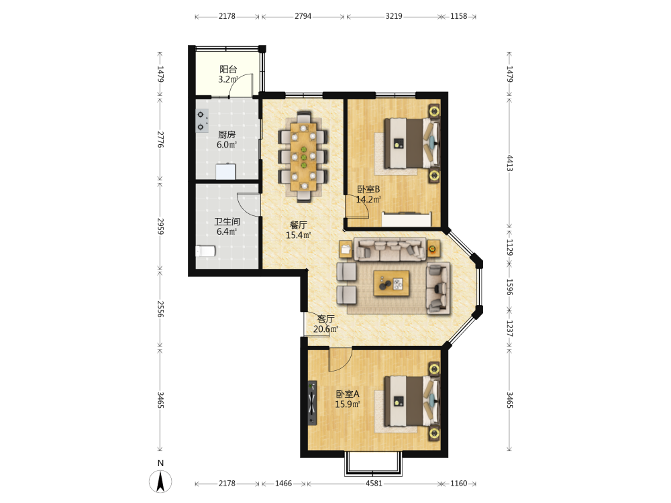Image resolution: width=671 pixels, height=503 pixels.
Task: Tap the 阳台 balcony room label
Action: coord(228,69)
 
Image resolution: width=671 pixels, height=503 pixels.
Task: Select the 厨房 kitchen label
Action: coord(227,134)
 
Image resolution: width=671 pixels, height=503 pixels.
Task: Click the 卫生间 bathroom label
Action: coord(227,221)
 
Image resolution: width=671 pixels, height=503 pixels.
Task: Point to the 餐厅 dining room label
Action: coord(299,225)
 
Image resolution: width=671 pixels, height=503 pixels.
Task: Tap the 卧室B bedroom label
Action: coord(368,189)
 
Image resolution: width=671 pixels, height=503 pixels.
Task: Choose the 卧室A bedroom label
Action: coord(348,394)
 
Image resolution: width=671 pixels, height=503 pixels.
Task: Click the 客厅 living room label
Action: coord(325,319)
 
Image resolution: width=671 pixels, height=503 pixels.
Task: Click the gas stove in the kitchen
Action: coord(202,121)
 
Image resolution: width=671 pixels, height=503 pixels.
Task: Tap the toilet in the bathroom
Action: coord(205,251)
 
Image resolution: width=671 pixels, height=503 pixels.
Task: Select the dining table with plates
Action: coord(303,157)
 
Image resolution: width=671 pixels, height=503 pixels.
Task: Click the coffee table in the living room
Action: coord(391,283)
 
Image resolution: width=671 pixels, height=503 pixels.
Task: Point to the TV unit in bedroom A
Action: coord(313,403)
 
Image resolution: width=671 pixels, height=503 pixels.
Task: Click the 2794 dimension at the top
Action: coord(303,16)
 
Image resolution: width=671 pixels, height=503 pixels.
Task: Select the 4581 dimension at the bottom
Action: coord(374,484)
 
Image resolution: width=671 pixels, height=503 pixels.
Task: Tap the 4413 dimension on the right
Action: coord(510,163)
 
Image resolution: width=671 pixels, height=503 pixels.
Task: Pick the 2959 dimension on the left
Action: coord(160,226)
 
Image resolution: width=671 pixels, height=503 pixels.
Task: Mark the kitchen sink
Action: coord(225,171)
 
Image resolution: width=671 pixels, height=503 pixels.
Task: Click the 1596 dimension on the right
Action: coord(510,287)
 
